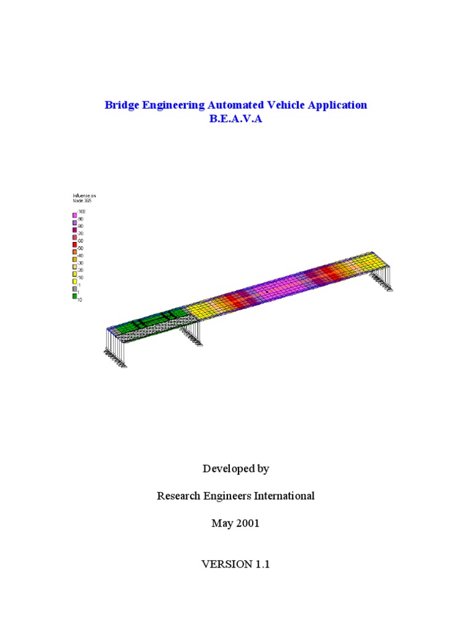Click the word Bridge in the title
pos(120,105)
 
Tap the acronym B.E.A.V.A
pos(236,119)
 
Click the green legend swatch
pos(75,296)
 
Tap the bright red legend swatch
pos(75,244)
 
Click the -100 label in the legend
pos(82,211)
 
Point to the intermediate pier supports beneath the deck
pos(191,337)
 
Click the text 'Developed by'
pos(236,469)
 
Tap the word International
pos(285,496)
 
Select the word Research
pos(178,496)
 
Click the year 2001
pos(246,523)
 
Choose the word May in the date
pos(222,523)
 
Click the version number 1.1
pos(261,564)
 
